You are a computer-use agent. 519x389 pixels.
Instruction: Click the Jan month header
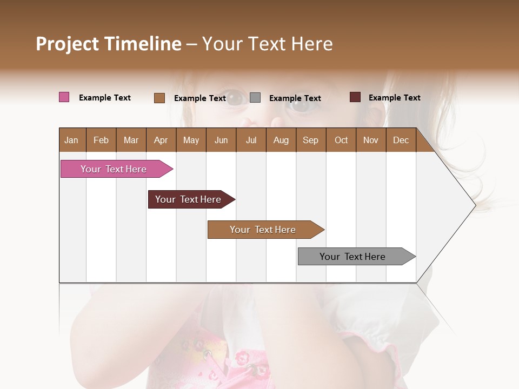[x=71, y=140]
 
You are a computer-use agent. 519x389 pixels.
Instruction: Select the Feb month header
[x=101, y=140]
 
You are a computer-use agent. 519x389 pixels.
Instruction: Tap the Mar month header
[x=131, y=140]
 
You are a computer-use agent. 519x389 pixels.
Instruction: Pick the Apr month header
[x=161, y=140]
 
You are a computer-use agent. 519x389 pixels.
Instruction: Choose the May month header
[x=191, y=140]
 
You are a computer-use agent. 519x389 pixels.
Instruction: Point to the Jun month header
[x=221, y=140]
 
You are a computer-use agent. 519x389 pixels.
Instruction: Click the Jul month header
[x=251, y=140]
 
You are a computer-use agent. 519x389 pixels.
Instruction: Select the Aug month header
[x=281, y=140]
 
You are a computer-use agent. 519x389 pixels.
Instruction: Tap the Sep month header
[x=310, y=140]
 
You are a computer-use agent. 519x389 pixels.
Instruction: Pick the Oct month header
[x=341, y=140]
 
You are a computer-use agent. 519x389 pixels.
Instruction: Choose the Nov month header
[x=371, y=140]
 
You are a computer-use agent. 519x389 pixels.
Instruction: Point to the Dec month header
[x=401, y=140]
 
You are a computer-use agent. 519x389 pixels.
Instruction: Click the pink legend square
[x=64, y=97]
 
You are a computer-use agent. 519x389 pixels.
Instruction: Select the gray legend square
[x=255, y=98]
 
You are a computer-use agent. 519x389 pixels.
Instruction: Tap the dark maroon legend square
[x=355, y=97]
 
